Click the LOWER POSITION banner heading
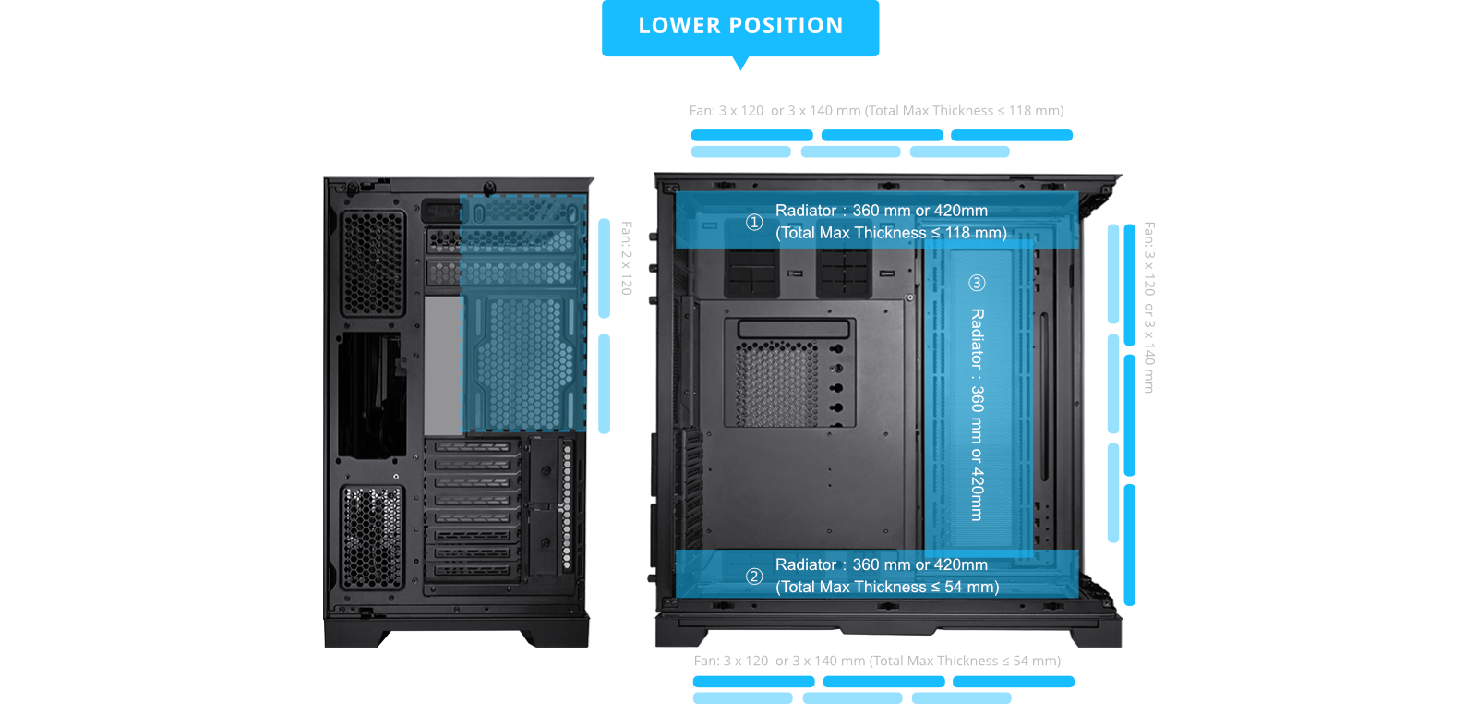[740, 26]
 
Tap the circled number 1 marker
[754, 222]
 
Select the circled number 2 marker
[754, 577]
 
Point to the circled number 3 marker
[977, 283]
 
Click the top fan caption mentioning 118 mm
[876, 111]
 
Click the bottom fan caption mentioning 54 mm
[877, 661]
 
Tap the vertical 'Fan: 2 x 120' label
[627, 258]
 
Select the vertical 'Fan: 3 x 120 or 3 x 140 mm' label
[1149, 308]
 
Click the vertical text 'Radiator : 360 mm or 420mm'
[978, 414]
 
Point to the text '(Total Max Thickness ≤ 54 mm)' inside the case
[887, 587]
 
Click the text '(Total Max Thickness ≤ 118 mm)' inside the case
[891, 233]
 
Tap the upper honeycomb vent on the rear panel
[373, 263]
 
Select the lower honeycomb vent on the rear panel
[372, 537]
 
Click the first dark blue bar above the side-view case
[751, 136]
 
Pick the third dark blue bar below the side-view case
[1013, 682]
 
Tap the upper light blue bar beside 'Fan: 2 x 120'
[605, 268]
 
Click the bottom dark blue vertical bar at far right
[1129, 545]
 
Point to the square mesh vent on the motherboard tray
[775, 382]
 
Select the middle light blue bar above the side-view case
[850, 152]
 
